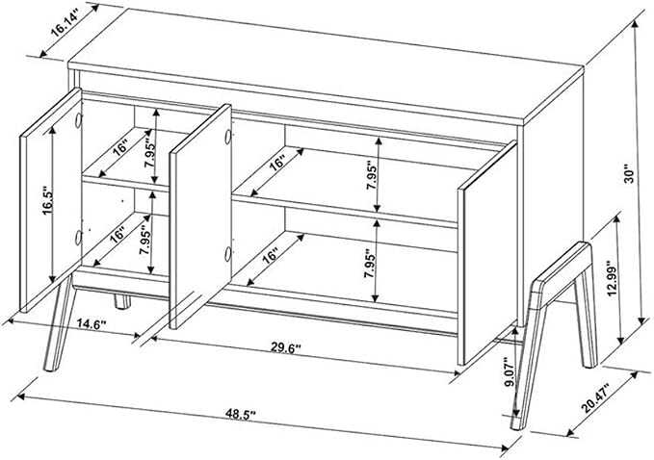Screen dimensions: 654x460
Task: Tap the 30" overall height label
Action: pyautogui.click(x=628, y=175)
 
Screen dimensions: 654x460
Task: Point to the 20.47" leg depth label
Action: pyautogui.click(x=595, y=398)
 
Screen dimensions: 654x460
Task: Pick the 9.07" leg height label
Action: pyautogui.click(x=509, y=371)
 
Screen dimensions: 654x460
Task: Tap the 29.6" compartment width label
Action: pyautogui.click(x=286, y=347)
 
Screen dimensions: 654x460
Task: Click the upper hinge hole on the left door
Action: pyautogui.click(x=78, y=120)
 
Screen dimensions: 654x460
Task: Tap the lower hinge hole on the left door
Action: pyautogui.click(x=78, y=237)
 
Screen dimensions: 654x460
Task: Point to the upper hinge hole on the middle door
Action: pyautogui.click(x=227, y=137)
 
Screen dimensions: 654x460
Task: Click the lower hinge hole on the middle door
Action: pyautogui.click(x=227, y=254)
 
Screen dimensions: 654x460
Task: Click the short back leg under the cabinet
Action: pyautogui.click(x=122, y=301)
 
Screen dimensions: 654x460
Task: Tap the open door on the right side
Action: pyautogui.click(x=487, y=253)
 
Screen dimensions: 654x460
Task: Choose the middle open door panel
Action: pyautogui.click(x=200, y=216)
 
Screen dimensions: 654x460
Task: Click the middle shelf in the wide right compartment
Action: pyautogui.click(x=345, y=211)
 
